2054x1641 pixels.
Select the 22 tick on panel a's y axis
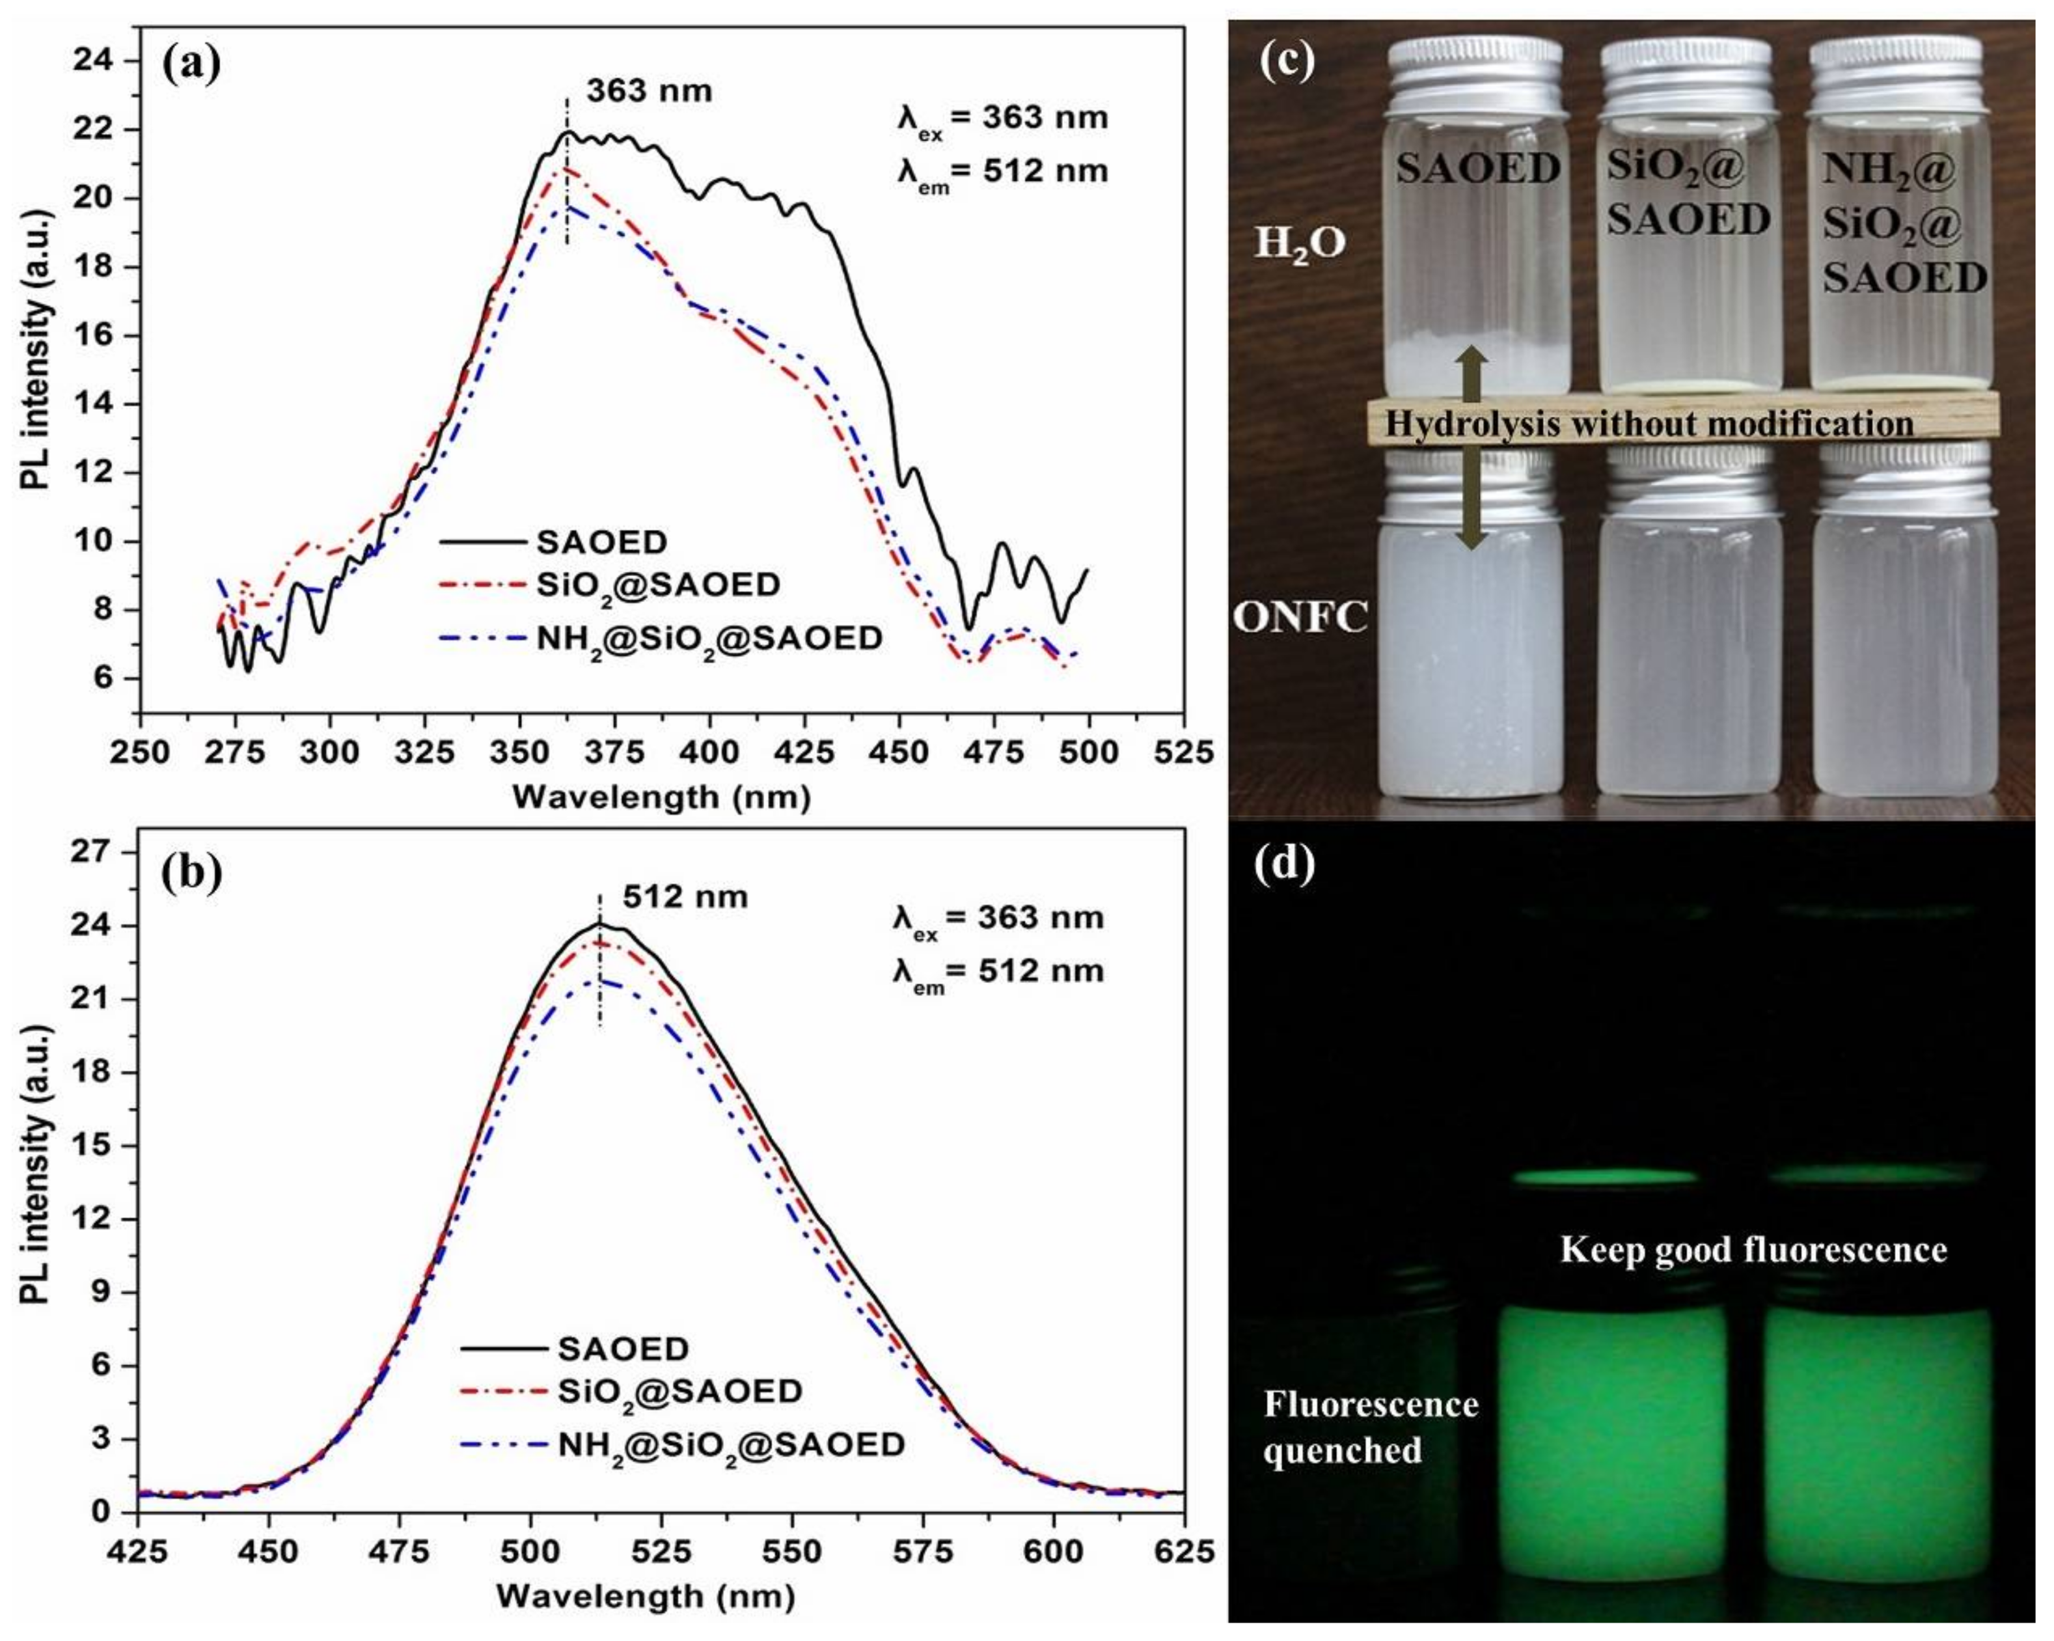92,130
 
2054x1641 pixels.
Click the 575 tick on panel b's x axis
922,1551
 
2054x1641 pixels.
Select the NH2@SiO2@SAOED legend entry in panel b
731,1446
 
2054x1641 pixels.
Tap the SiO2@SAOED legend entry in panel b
679,1392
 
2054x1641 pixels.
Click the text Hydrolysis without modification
1648,423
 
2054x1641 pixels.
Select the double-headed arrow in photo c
1472,448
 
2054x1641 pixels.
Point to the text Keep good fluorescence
1753,1249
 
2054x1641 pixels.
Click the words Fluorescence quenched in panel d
1370,1427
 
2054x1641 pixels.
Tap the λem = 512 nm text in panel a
1002,172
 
